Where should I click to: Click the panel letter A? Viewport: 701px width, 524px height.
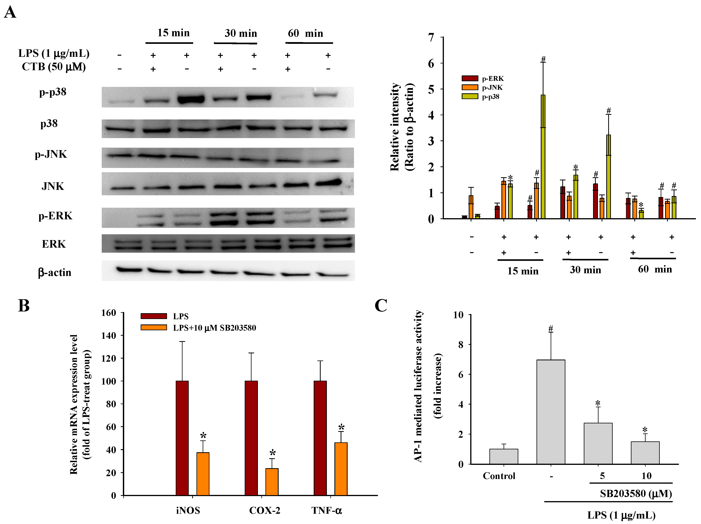pos(10,13)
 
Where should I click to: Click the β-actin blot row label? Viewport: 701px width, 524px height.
pos(54,272)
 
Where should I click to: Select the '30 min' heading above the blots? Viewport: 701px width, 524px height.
pos(240,33)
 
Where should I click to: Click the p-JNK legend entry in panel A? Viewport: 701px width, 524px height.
pos(492,87)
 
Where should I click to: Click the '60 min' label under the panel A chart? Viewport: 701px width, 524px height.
pos(655,269)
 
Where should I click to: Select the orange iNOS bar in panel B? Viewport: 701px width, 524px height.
pos(203,474)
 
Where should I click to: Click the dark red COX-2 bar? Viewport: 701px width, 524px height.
pos(251,438)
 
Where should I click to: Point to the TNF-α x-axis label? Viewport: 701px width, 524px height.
pos(326,510)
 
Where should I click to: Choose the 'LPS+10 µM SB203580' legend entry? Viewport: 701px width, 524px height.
pos(214,328)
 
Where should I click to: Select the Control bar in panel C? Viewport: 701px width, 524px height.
pos(504,457)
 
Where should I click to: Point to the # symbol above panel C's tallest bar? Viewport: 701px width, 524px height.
pos(551,329)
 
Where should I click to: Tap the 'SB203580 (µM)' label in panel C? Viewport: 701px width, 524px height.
pos(636,494)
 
